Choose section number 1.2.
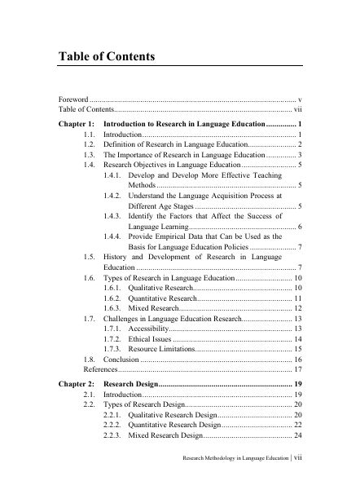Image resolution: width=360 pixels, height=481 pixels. point(90,143)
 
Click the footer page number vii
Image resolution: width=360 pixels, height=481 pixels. point(298,458)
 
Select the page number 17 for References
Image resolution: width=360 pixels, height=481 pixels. point(298,369)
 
